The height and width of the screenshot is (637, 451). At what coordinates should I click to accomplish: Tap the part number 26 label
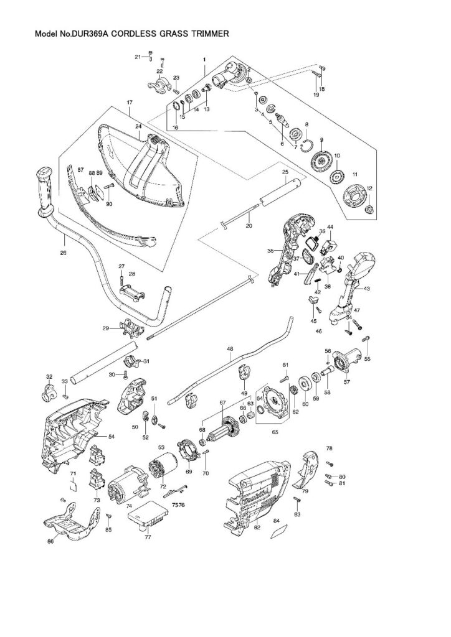tap(63, 253)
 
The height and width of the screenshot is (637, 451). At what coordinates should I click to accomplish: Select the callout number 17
tap(130, 102)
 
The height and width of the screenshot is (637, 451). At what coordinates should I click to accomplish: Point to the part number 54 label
tap(112, 437)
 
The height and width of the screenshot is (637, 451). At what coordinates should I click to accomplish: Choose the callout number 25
tap(285, 171)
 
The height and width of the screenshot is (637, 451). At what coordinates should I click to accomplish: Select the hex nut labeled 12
tap(369, 208)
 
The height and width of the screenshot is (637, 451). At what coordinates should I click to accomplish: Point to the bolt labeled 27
tap(122, 277)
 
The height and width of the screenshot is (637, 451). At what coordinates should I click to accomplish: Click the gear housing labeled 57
tap(345, 364)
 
